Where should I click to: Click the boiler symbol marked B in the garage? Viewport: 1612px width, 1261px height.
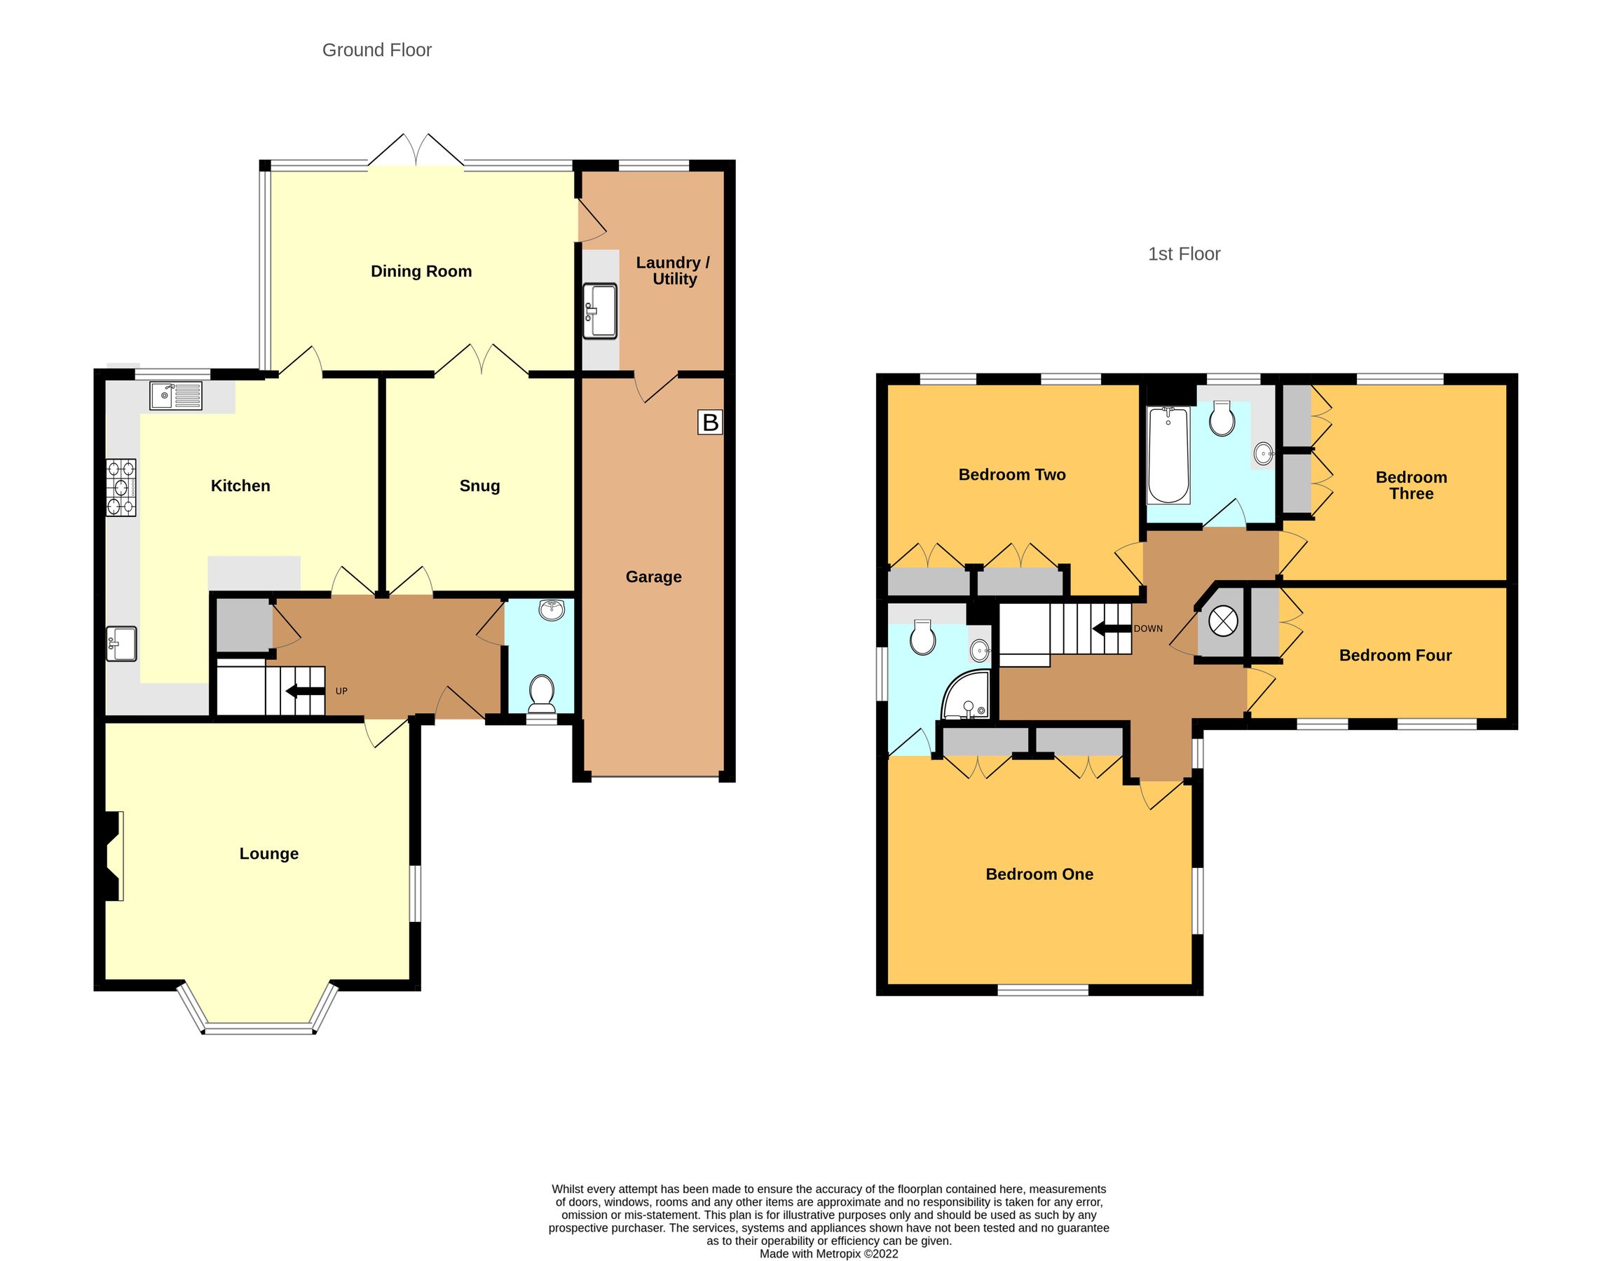click(x=710, y=422)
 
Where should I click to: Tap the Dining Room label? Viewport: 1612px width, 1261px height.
click(x=421, y=271)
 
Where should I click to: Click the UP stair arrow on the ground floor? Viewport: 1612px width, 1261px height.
click(x=305, y=691)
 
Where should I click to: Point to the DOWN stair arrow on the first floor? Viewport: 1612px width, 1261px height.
click(x=1112, y=629)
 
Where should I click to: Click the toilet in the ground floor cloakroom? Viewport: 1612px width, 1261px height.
click(x=542, y=691)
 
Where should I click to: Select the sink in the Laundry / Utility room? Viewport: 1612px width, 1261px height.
click(x=600, y=311)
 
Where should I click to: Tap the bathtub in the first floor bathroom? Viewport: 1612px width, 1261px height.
click(x=1168, y=455)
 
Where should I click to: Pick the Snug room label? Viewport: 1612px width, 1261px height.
click(x=479, y=485)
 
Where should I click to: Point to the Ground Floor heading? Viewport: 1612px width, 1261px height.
click(x=376, y=50)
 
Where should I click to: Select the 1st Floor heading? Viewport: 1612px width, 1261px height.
click(x=1184, y=254)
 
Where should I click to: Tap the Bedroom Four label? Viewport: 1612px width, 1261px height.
click(x=1395, y=656)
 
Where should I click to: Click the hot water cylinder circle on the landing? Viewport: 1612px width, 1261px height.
click(x=1222, y=620)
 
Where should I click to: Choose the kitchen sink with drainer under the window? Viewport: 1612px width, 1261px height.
click(x=176, y=395)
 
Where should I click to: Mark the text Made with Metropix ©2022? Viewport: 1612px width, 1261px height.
click(x=828, y=1253)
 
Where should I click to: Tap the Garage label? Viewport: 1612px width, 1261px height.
click(x=653, y=577)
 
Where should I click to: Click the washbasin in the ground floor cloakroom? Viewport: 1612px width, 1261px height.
click(x=552, y=609)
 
